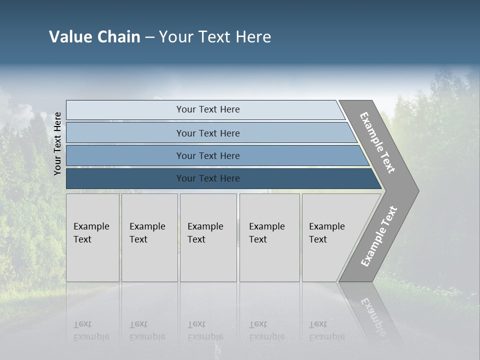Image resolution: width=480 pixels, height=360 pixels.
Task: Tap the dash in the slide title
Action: coord(149,37)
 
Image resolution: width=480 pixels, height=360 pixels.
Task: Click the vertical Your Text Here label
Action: coord(57,143)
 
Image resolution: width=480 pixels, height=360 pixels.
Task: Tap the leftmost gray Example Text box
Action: coord(92,237)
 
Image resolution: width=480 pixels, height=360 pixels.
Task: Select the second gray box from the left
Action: coord(149,237)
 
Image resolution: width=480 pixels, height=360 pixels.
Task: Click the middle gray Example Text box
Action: coord(208,237)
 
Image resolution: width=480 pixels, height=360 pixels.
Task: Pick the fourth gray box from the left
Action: coord(269,237)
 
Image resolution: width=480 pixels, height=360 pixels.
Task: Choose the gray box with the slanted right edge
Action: coord(330,237)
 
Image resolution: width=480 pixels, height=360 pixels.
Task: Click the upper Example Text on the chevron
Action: coord(377,142)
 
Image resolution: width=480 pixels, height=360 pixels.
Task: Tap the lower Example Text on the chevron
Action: coord(379,236)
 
